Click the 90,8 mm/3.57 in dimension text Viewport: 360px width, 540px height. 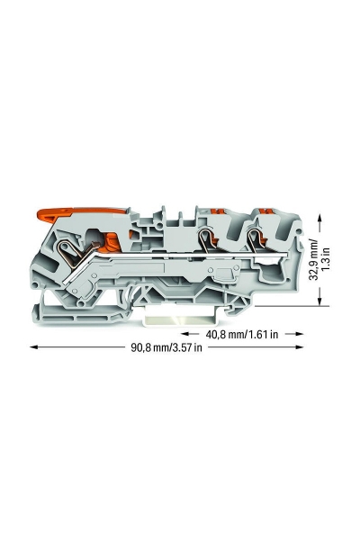click(166, 347)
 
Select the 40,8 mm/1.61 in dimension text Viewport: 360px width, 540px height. click(242, 334)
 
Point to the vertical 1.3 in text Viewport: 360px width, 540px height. click(326, 258)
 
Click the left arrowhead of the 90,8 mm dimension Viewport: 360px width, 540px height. click(33, 347)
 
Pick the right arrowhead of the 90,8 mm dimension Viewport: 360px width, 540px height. click(300, 347)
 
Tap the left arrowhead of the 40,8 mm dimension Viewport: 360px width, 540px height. click(185, 334)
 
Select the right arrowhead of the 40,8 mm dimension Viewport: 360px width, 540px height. click(300, 334)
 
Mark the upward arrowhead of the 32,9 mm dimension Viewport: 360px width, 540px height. click(320, 218)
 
